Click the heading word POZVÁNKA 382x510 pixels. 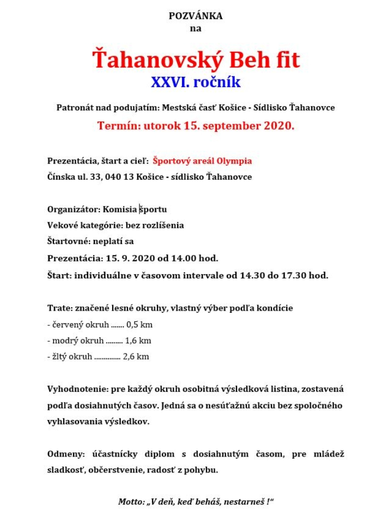pyautogui.click(x=196, y=16)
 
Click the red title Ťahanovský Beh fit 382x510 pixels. pyautogui.click(x=196, y=59)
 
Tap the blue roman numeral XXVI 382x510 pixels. pyautogui.click(x=165, y=83)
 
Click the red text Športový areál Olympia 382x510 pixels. pyautogui.click(x=202, y=161)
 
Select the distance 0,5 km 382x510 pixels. pyautogui.click(x=140, y=325)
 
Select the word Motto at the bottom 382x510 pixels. pyautogui.click(x=130, y=501)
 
